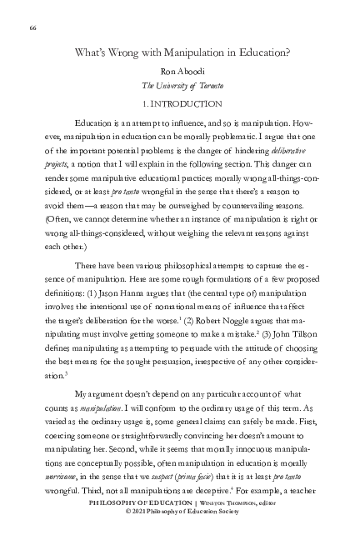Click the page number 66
coord(32,28)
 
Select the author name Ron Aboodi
coord(180,72)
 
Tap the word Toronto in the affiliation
coord(202,86)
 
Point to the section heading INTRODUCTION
coord(187,103)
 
